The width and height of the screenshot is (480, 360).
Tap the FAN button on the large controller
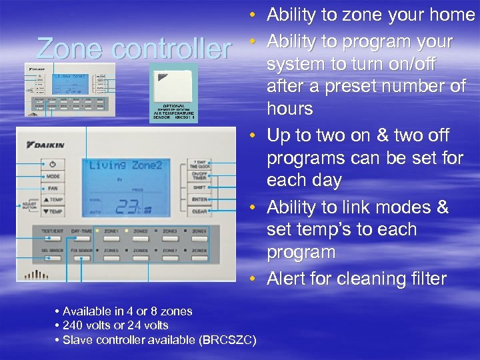click(x=53, y=188)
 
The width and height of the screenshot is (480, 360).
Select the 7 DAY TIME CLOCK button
click(x=199, y=164)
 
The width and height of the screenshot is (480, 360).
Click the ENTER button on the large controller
click(x=199, y=200)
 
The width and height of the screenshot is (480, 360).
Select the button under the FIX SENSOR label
click(x=82, y=258)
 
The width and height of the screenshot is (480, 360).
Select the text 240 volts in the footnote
click(x=88, y=325)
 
